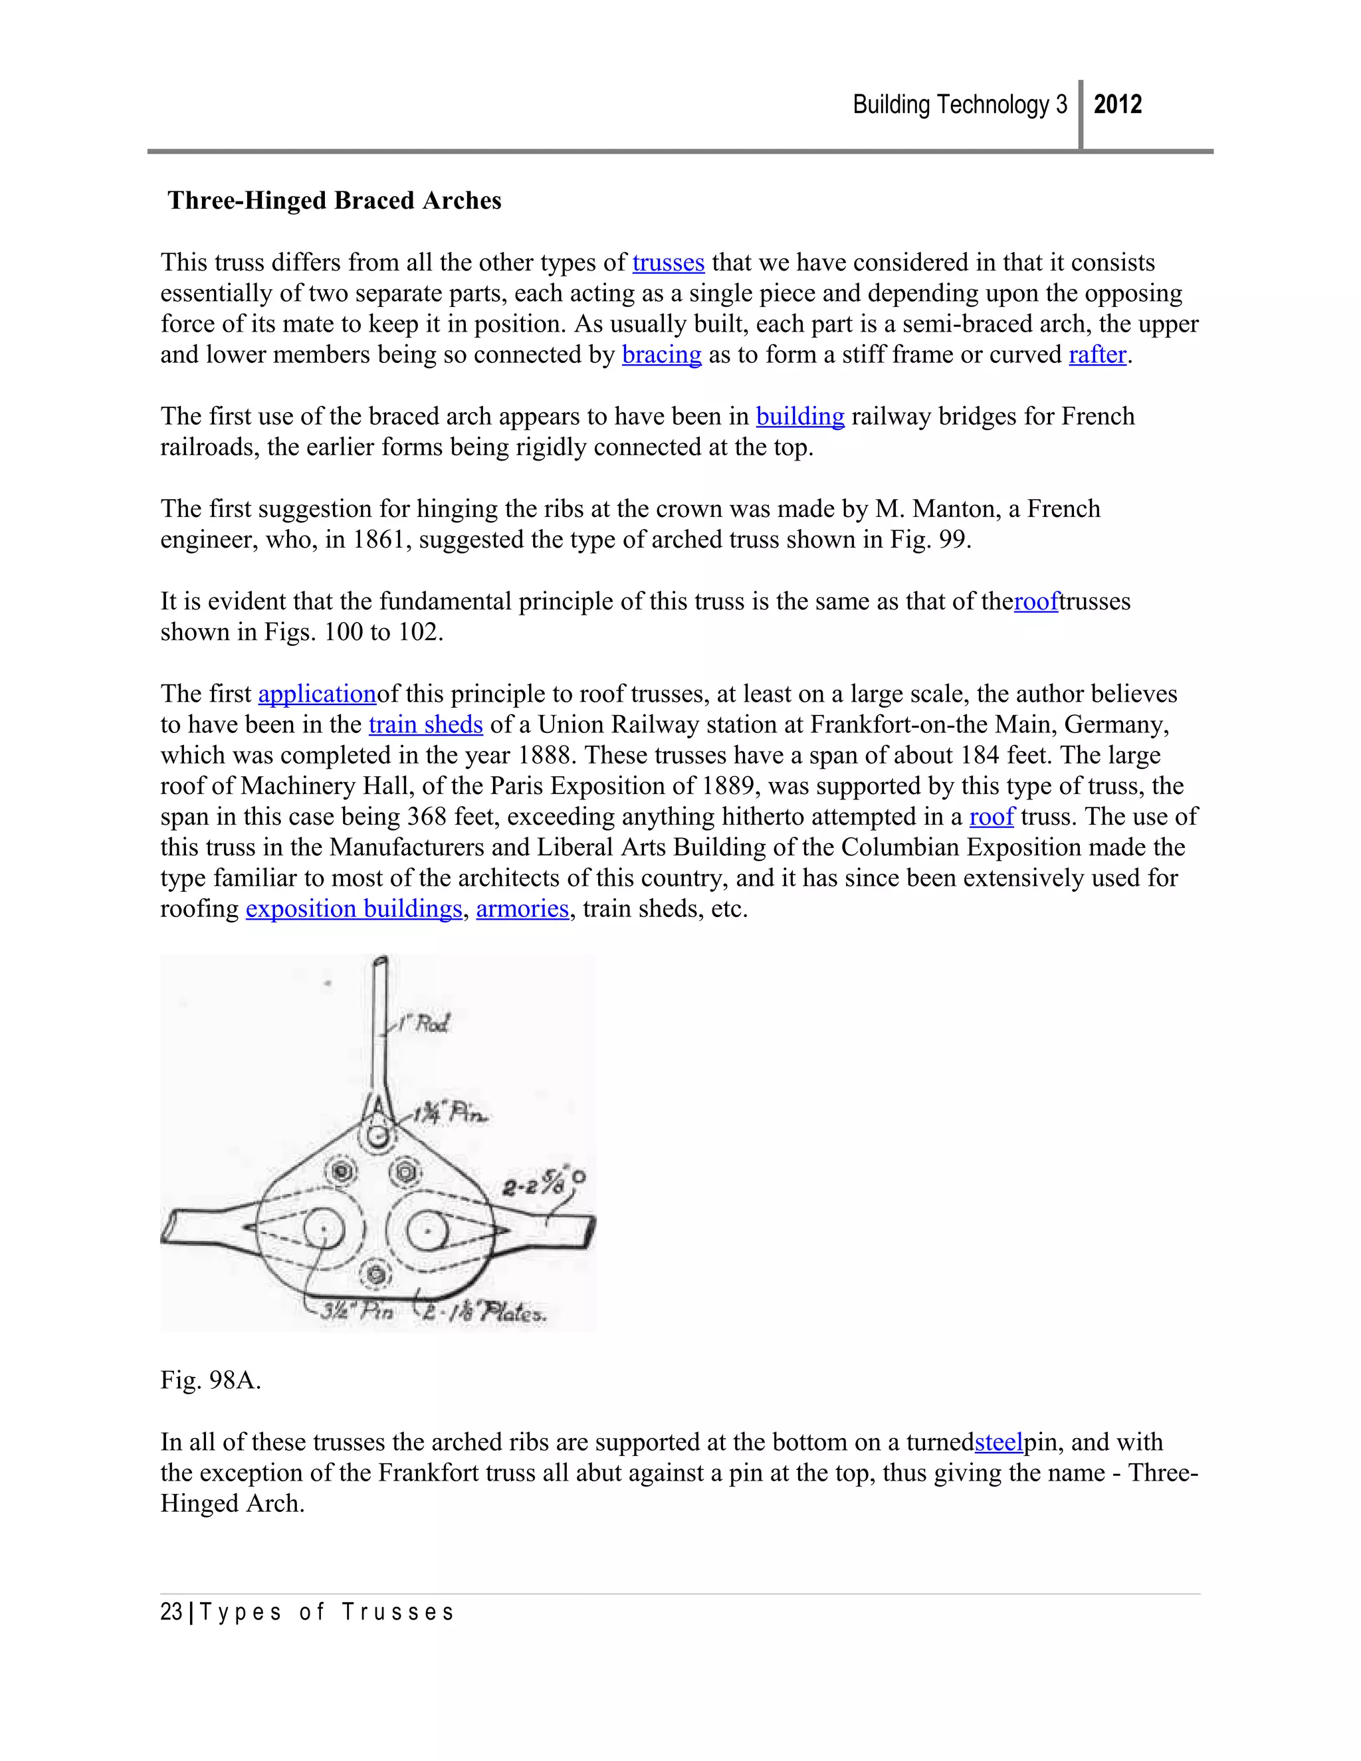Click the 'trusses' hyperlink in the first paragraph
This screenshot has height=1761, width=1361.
(668, 263)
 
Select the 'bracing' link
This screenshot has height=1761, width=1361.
(661, 355)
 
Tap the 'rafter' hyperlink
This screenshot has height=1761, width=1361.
(1097, 355)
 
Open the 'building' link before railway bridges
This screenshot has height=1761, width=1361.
(800, 416)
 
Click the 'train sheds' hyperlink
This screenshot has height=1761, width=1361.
(426, 724)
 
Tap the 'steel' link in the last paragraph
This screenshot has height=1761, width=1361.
(998, 1442)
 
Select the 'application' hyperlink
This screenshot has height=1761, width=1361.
(317, 694)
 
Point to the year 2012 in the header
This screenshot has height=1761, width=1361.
(1118, 105)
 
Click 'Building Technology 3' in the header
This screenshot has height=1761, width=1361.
(960, 105)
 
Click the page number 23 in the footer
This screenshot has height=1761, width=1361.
(171, 1612)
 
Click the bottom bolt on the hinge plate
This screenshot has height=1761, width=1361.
(375, 1275)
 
